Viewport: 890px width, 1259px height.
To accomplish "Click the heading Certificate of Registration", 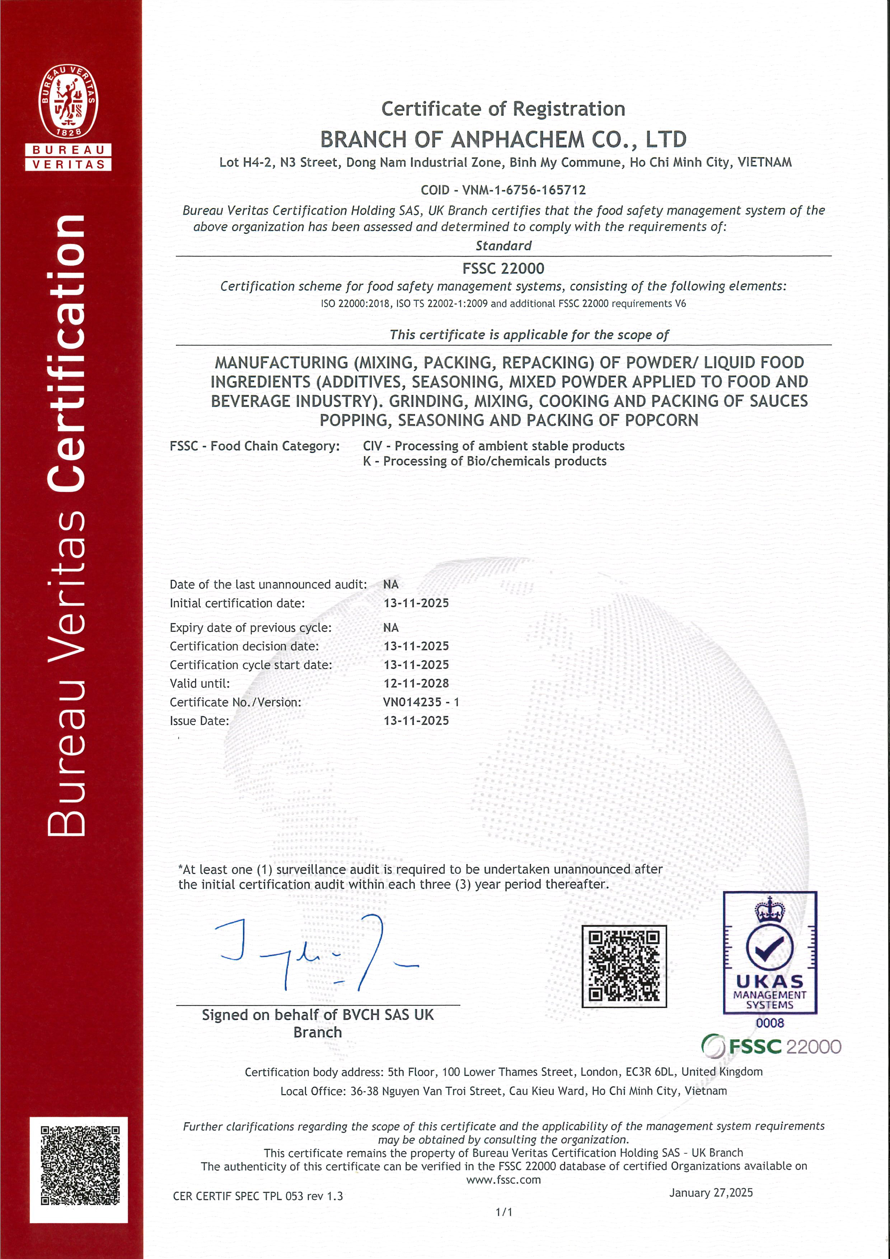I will tap(503, 109).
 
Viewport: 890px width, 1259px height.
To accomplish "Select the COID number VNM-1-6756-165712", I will tap(524, 190).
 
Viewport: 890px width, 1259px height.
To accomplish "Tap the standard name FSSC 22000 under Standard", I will tap(503, 269).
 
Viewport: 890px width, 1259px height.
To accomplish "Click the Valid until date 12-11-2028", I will tap(416, 683).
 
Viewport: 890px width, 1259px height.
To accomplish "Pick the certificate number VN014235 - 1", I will tap(421, 702).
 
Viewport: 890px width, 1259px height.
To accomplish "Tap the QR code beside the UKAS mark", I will tap(624, 966).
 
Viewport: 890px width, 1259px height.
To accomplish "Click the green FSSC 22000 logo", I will tap(770, 1046).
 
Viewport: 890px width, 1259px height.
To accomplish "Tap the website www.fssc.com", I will tap(503, 1179).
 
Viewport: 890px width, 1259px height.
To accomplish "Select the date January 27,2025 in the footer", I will tap(711, 1193).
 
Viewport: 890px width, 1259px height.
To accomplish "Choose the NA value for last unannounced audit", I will tap(390, 585).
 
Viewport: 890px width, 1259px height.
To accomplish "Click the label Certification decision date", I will tap(244, 646).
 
